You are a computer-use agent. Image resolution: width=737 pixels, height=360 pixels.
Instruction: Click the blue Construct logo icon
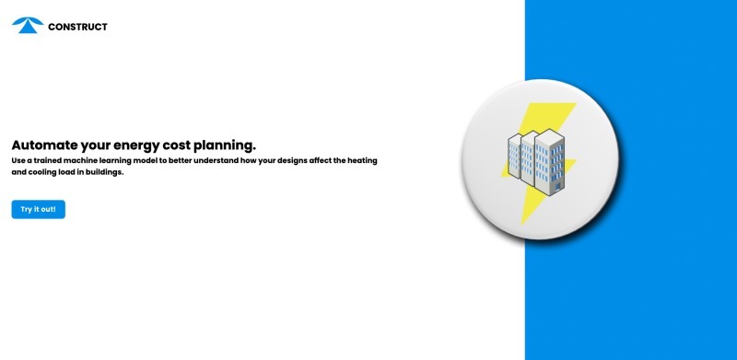click(x=28, y=26)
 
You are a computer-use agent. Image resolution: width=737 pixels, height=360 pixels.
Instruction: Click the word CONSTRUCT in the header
click(x=77, y=27)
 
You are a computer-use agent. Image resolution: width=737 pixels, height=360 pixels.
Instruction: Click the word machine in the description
click(x=95, y=160)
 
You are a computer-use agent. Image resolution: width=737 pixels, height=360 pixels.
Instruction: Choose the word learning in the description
click(x=140, y=160)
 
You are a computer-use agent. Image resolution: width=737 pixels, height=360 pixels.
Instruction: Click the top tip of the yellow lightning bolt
click(x=573, y=103)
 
